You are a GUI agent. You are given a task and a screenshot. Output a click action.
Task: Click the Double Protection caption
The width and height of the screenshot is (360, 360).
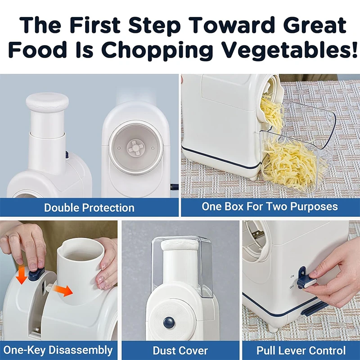click(x=89, y=207)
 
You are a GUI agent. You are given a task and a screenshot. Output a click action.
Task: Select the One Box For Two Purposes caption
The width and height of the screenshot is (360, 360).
click(x=270, y=207)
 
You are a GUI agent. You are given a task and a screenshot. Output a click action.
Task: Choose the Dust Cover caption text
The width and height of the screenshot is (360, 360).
click(x=180, y=350)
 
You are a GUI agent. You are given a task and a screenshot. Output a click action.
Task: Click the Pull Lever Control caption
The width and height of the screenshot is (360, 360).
click(x=301, y=350)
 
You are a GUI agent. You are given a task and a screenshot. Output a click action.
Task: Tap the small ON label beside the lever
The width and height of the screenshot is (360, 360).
click(x=292, y=276)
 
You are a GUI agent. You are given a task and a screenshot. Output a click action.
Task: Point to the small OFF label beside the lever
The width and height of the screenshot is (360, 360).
click(x=292, y=286)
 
